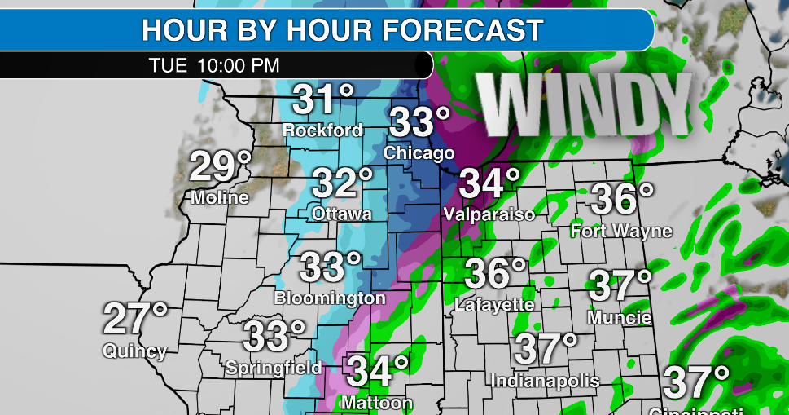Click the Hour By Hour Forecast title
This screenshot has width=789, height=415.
[342, 30]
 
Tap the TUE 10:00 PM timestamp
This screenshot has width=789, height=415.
[214, 65]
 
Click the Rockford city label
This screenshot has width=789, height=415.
[322, 130]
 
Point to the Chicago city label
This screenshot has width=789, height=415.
[419, 153]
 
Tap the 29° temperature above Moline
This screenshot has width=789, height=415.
[220, 167]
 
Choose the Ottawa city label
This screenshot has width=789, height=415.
[342, 214]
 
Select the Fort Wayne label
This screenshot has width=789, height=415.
[621, 231]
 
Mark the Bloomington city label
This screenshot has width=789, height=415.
[330, 298]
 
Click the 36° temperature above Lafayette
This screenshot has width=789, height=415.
[495, 274]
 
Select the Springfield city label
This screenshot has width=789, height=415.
[274, 367]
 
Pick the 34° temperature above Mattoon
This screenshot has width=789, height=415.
[378, 372]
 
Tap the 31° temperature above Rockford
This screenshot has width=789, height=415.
[322, 100]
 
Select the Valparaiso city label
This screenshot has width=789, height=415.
[489, 214]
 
